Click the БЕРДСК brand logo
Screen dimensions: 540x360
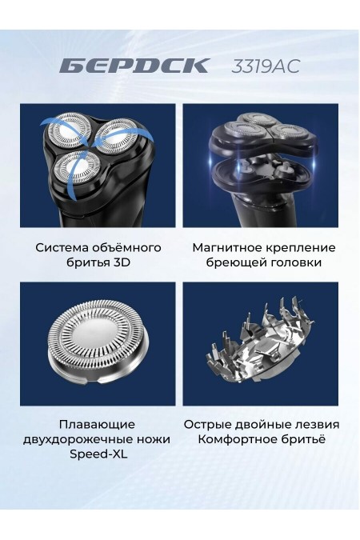(134, 66)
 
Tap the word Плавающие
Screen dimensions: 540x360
(97, 424)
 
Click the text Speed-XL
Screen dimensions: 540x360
(97, 454)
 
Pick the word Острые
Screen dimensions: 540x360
(207, 424)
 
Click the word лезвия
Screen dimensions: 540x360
(317, 424)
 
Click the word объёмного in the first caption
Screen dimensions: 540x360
(131, 247)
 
